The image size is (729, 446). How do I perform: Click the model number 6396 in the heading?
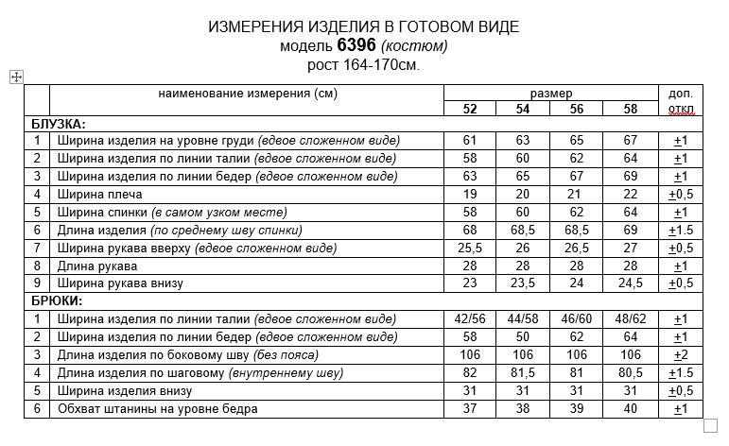coord(356,45)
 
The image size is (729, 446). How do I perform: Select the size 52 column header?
coord(470,109)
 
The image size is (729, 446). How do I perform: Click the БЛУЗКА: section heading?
coord(59,124)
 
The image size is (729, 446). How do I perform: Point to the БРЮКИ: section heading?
coord(57,301)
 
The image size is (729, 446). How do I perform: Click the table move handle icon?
coord(16,77)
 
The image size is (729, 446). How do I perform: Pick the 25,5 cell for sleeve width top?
coord(470,249)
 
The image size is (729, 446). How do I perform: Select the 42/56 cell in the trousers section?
coord(470,318)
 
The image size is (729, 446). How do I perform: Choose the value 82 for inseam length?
coord(470,373)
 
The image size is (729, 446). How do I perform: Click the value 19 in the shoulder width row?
coord(470,195)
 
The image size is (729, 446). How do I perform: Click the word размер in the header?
coord(550,94)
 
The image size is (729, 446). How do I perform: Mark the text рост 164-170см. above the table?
coord(363,64)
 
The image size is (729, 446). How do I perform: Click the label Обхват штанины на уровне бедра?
coord(157,409)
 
